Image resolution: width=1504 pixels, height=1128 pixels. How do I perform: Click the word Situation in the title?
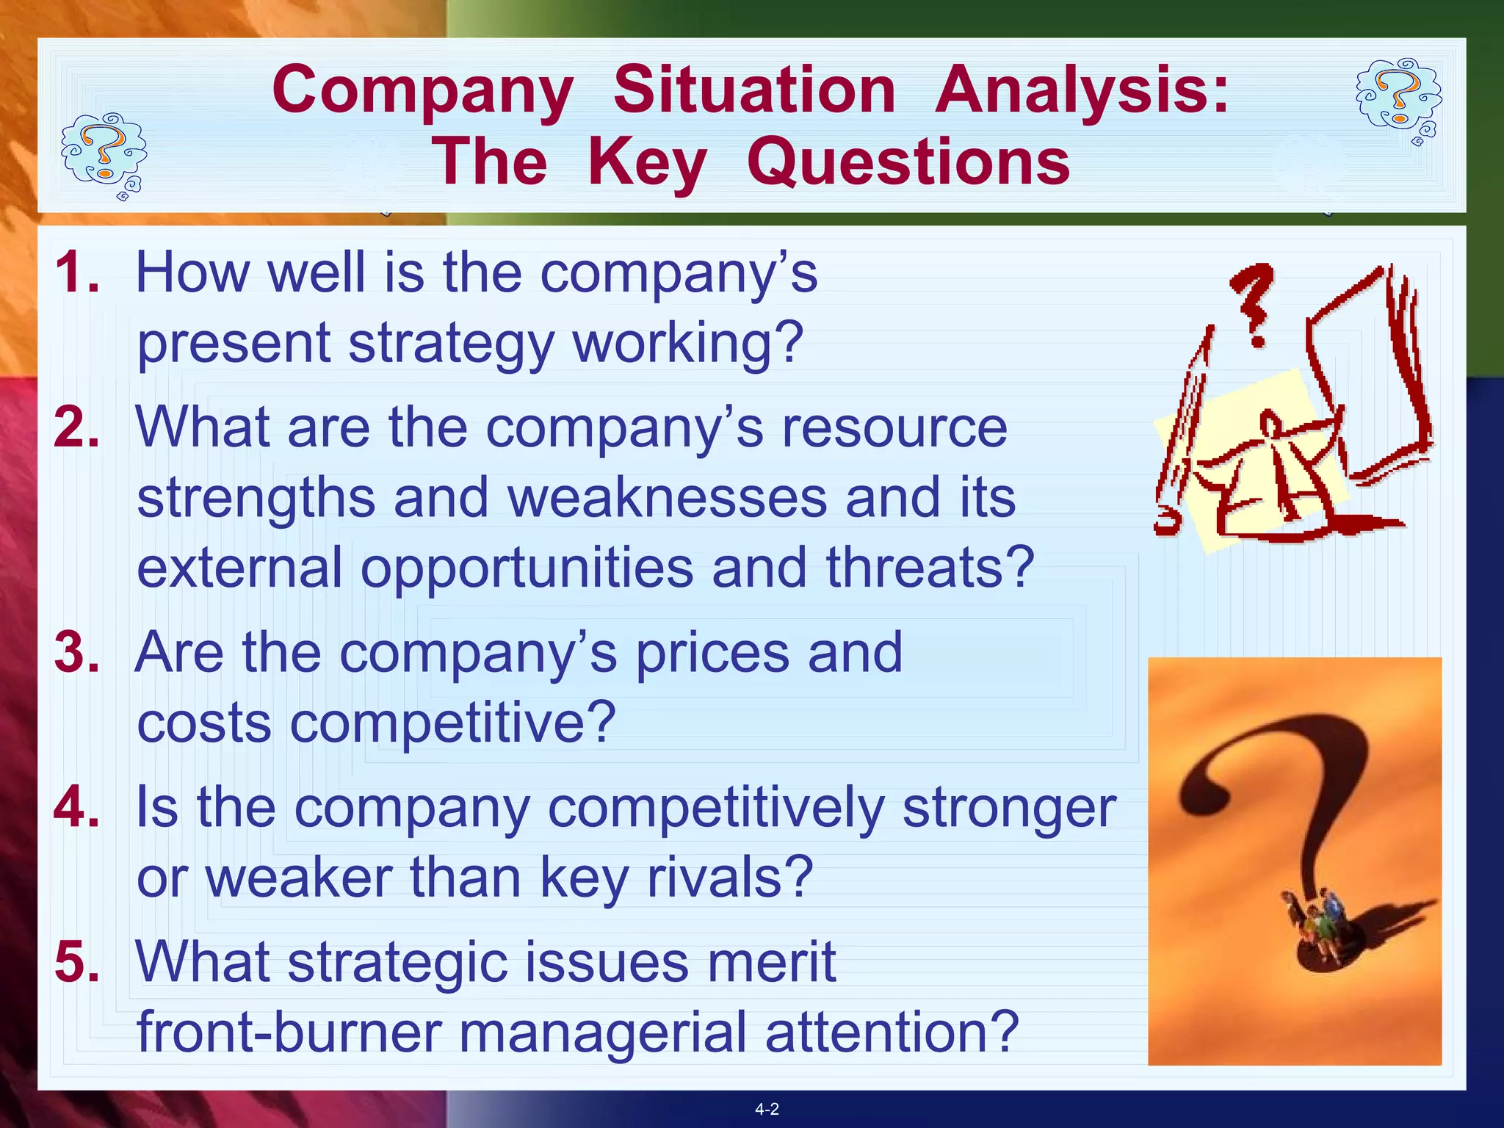pyautogui.click(x=753, y=90)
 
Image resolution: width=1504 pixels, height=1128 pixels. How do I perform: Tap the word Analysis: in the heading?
pyautogui.click(x=1082, y=90)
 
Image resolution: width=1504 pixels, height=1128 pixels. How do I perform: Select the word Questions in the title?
pyautogui.click(x=908, y=162)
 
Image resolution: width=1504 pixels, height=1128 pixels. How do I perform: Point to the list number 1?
pyautogui.click(x=76, y=272)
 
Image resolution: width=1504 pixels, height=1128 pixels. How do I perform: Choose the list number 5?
pyautogui.click(x=76, y=961)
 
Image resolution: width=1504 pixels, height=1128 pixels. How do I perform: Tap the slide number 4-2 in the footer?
pyautogui.click(x=767, y=1110)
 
